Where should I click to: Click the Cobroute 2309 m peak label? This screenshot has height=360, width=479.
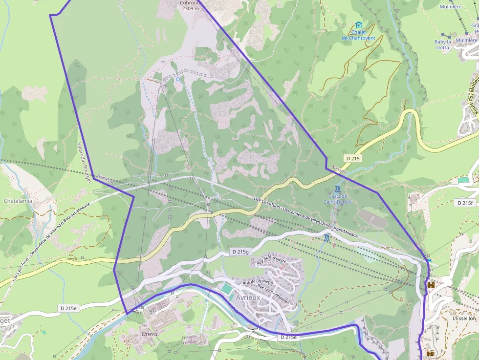190,5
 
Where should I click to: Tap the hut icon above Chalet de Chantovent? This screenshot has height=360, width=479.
359,25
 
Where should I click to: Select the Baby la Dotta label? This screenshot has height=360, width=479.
442,45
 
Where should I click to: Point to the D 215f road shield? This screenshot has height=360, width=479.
465,202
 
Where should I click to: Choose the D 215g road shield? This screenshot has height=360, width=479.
240,252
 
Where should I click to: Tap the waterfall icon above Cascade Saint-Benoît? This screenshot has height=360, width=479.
337,189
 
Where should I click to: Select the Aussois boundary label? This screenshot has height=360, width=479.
339,169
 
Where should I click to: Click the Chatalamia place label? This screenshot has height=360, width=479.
18,201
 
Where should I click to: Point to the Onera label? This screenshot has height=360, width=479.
149,334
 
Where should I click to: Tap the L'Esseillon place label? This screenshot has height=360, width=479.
464,318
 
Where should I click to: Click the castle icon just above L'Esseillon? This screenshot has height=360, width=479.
431,284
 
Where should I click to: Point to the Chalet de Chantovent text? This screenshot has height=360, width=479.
358,35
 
